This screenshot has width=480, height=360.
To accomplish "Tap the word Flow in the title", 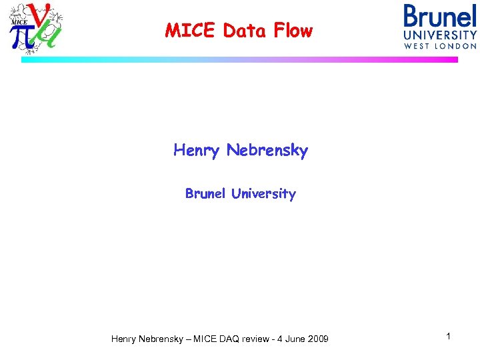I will tap(291, 31).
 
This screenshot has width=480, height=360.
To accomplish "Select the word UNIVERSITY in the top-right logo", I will tap(441, 35).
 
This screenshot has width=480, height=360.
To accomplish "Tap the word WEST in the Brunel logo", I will tap(419, 46).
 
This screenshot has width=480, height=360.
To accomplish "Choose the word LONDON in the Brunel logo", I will tap(457, 46).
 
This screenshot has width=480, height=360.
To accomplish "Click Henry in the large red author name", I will tap(197, 151).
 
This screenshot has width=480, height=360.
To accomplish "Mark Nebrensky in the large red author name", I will tap(267, 151).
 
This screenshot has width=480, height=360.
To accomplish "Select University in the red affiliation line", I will tap(263, 195).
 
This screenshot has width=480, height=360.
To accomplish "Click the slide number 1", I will tap(449, 337).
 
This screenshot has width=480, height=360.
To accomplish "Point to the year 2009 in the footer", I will tap(317, 339).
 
